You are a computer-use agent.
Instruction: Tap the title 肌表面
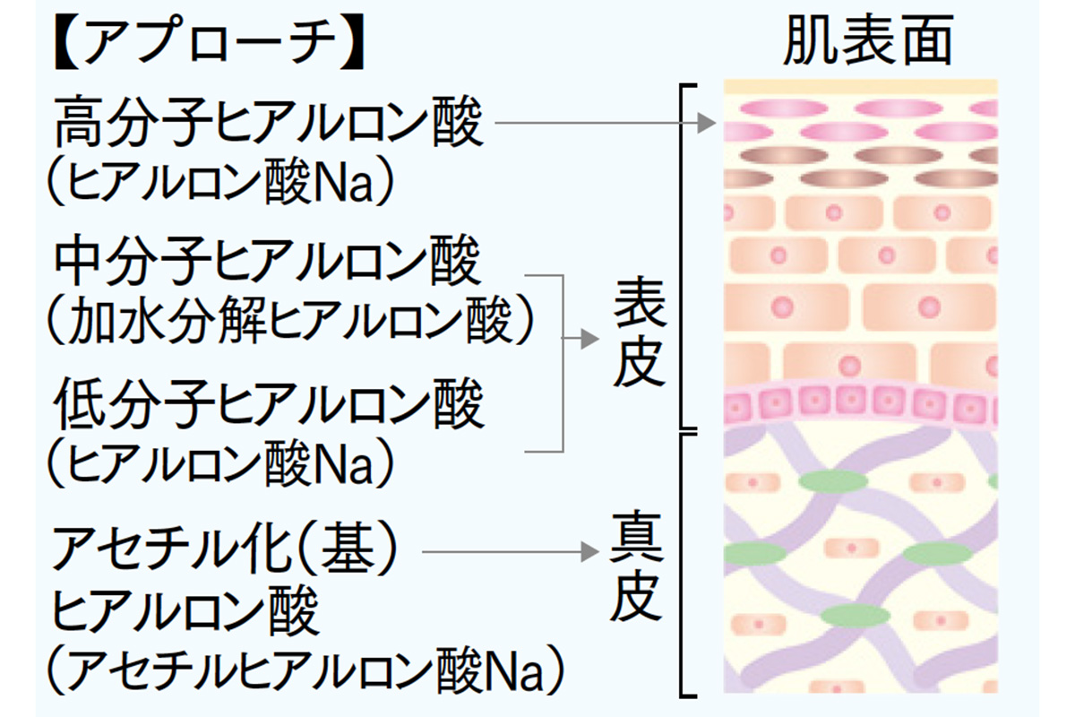pyautogui.click(x=866, y=42)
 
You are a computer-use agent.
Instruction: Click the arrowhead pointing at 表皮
pyautogui.click(x=589, y=340)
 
